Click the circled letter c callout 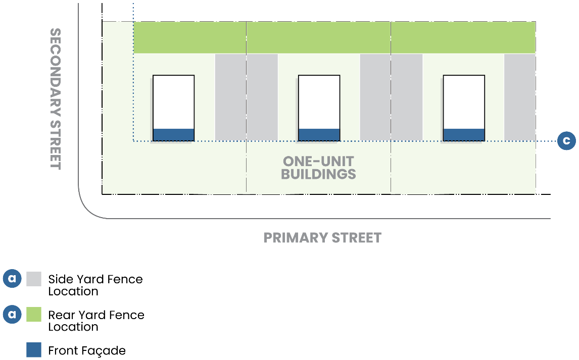pos(567,141)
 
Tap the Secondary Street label pos(56,98)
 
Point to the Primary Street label pos(322,237)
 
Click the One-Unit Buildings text pos(318,168)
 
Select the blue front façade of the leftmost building pos(173,134)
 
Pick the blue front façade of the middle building pos(319,134)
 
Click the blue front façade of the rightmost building pos(464,134)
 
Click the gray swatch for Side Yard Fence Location pos(34,279)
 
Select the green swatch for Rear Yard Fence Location pos(34,315)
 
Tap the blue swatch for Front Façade pos(34,350)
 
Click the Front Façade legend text pos(87,350)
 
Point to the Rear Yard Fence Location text pos(96,321)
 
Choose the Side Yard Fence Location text pos(95,285)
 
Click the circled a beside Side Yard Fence pos(12,279)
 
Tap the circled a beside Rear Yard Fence pos(12,315)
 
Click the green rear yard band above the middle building pos(318,38)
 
